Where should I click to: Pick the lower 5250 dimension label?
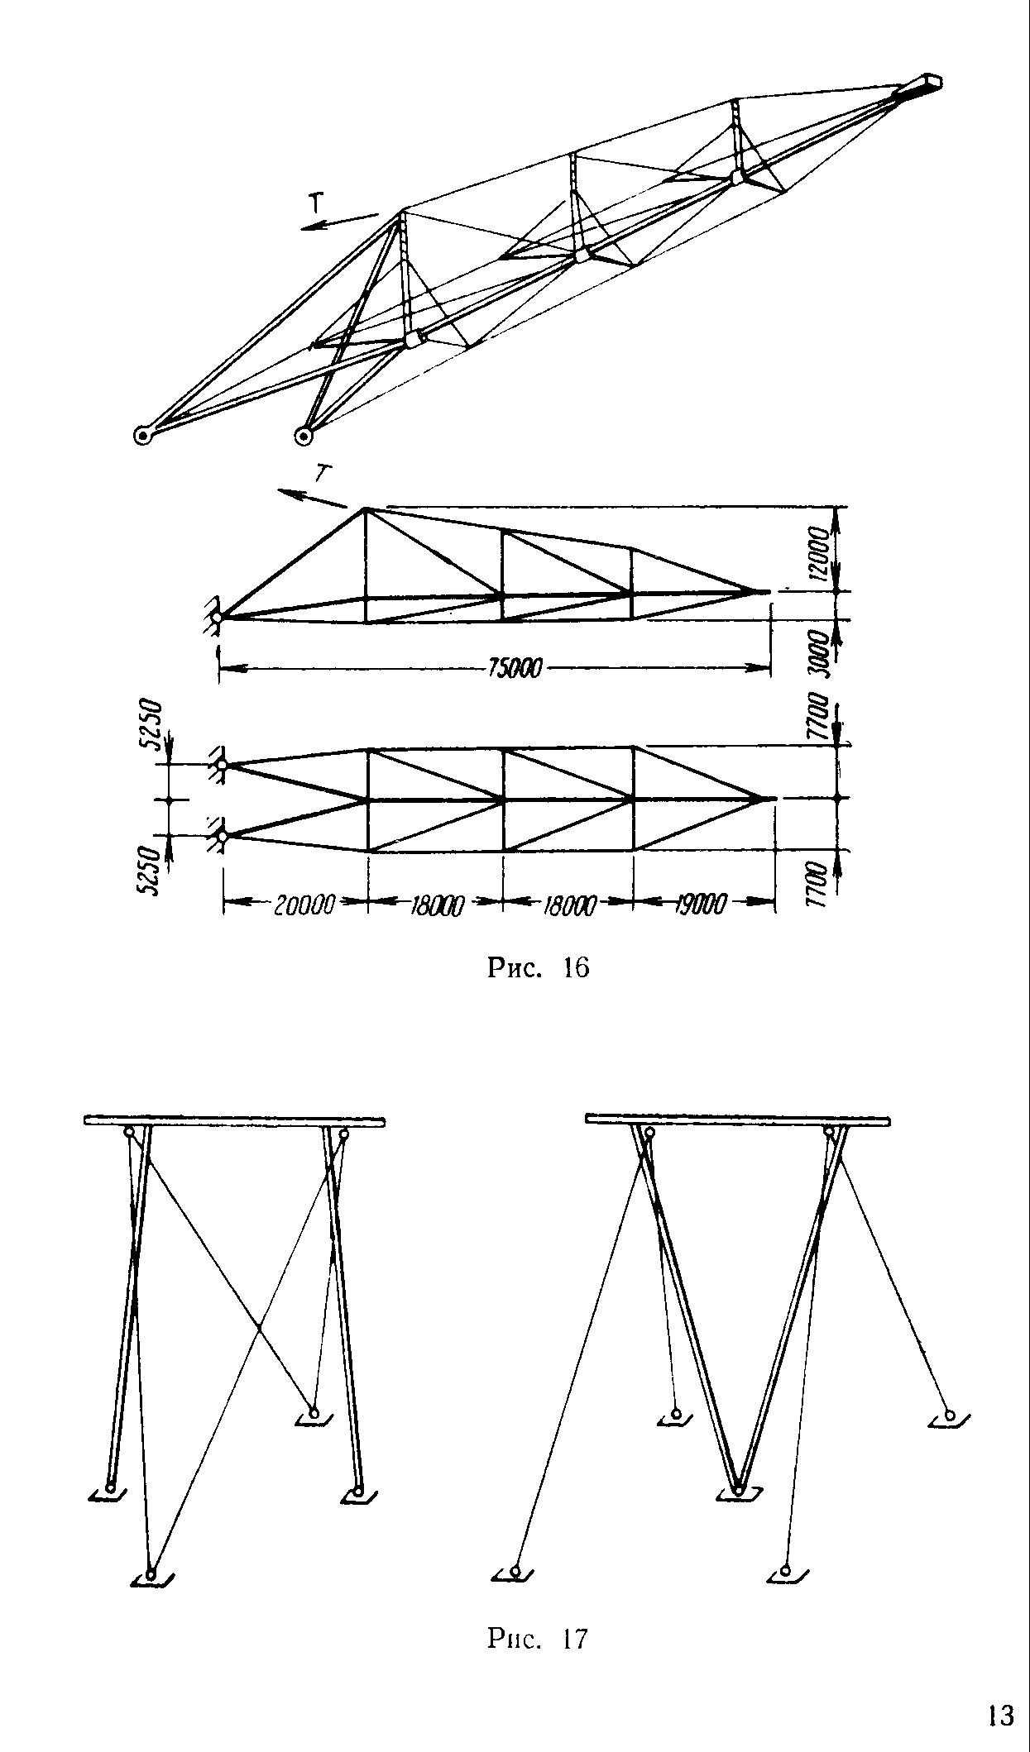point(151,870)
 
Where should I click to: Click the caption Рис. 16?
point(539,967)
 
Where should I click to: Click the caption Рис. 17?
point(538,1638)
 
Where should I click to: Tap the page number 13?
point(1000,1716)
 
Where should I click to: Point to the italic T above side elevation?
point(323,473)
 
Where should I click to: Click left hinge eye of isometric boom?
point(143,435)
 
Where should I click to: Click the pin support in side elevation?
point(216,617)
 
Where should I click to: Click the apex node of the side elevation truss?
point(365,510)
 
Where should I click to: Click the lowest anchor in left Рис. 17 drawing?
point(151,1574)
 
